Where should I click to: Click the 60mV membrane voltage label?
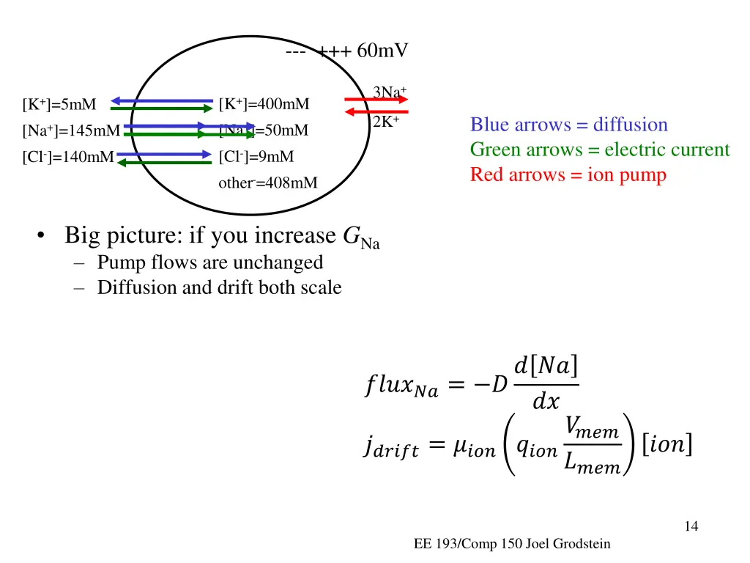click(x=382, y=51)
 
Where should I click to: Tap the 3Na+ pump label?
click(x=389, y=92)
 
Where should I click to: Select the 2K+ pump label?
click(x=386, y=122)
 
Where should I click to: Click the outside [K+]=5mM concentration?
click(x=59, y=104)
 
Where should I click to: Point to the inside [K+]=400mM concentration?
click(x=264, y=104)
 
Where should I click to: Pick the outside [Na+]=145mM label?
click(x=71, y=131)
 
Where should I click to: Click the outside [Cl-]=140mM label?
click(x=68, y=156)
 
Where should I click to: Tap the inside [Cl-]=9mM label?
click(x=256, y=156)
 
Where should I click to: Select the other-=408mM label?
click(x=268, y=183)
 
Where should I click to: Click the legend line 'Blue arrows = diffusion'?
click(x=568, y=125)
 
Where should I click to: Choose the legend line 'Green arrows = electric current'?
click(x=599, y=150)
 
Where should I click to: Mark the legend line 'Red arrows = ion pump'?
click(x=568, y=174)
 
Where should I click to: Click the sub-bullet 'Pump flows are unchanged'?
click(x=209, y=262)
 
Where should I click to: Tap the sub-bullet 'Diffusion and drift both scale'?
click(x=219, y=287)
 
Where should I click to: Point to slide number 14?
click(x=691, y=526)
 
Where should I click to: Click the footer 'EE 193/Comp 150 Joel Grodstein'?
click(x=511, y=543)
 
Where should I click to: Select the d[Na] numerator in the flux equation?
click(x=546, y=364)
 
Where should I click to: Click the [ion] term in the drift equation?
click(x=667, y=444)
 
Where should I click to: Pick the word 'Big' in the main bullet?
click(x=81, y=236)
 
